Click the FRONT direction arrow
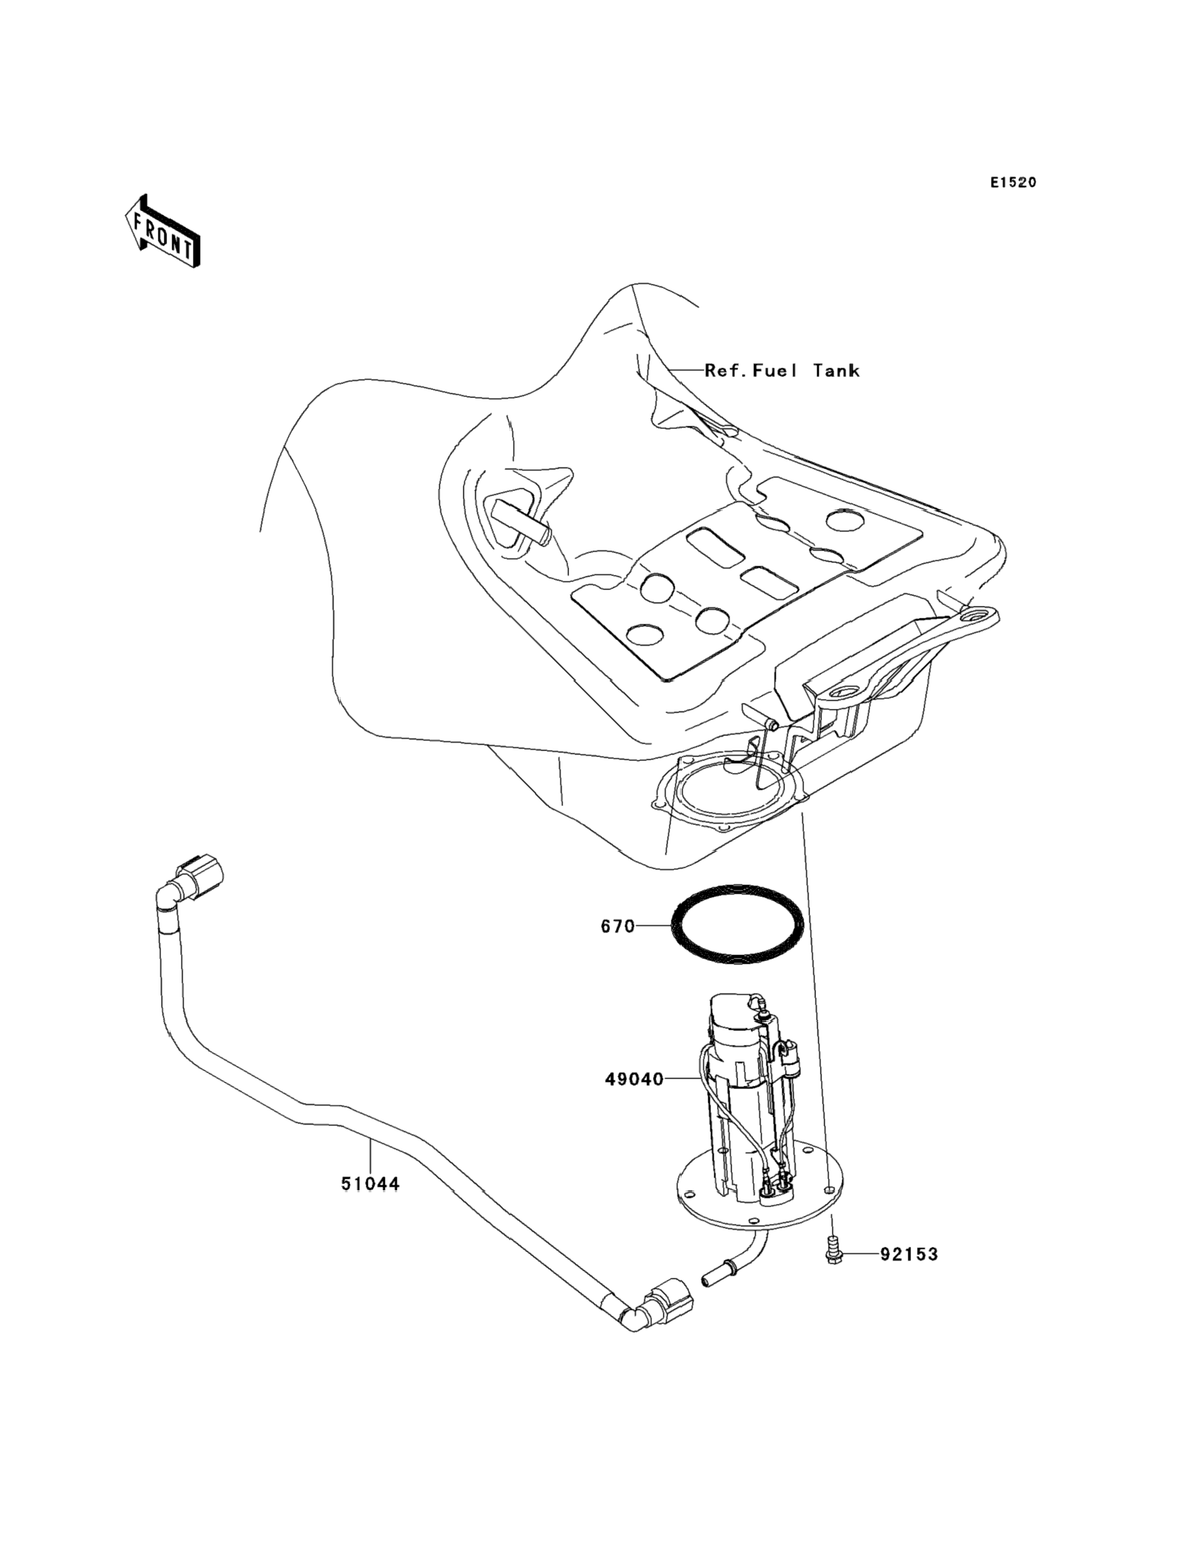(162, 232)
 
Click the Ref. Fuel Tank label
(781, 371)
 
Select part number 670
(617, 926)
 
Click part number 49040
(634, 1078)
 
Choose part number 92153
(909, 1254)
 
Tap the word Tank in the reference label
(836, 371)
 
